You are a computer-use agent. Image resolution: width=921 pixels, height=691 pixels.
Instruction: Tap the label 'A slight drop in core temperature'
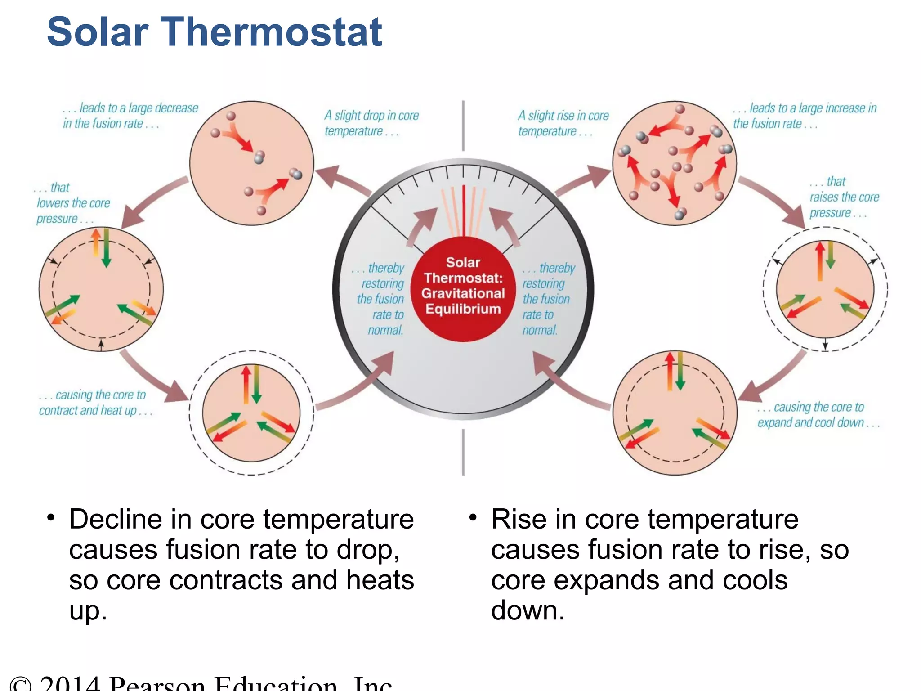[371, 123]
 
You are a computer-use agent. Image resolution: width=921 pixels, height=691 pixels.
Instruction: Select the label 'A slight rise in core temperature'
[563, 123]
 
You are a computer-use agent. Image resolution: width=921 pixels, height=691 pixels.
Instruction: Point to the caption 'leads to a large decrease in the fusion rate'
[130, 116]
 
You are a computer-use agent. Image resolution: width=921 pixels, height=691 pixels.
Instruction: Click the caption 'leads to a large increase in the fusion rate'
[804, 116]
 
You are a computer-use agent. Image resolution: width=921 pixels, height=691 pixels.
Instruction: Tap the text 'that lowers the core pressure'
[72, 203]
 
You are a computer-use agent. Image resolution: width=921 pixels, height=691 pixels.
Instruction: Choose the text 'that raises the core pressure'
[844, 197]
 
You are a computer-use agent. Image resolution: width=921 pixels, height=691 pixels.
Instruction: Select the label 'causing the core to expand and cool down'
[817, 415]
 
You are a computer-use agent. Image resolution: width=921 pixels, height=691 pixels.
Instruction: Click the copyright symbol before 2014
[20, 684]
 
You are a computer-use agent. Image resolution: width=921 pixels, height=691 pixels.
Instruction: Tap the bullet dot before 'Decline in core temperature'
[51, 518]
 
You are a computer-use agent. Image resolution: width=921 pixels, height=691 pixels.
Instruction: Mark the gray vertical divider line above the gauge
[463, 126]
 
